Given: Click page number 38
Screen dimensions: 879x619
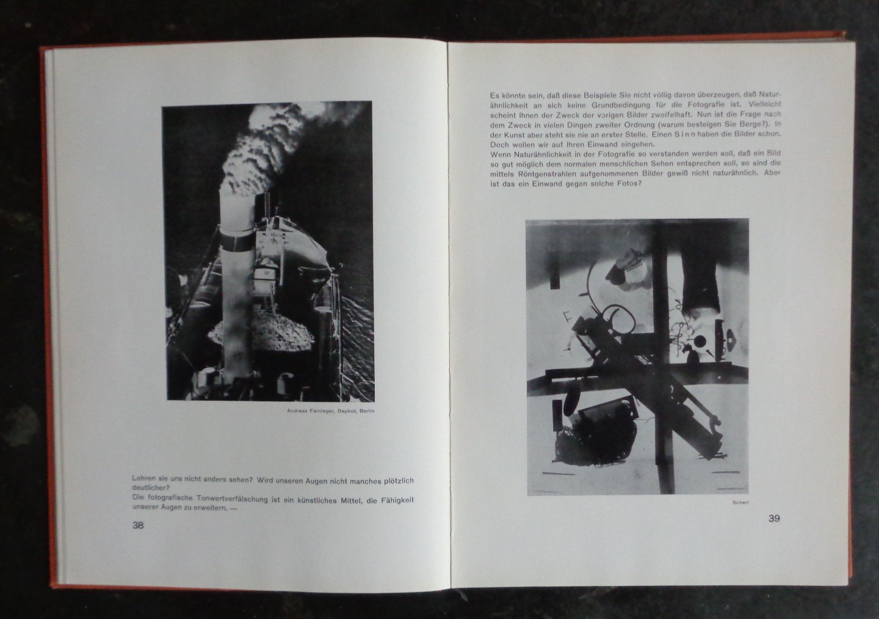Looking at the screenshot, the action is click(138, 525).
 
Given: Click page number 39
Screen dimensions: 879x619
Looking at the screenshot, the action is click(774, 518).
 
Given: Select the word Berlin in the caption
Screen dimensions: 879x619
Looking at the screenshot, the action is click(367, 411).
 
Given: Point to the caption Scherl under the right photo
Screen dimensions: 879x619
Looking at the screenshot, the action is click(740, 502).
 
